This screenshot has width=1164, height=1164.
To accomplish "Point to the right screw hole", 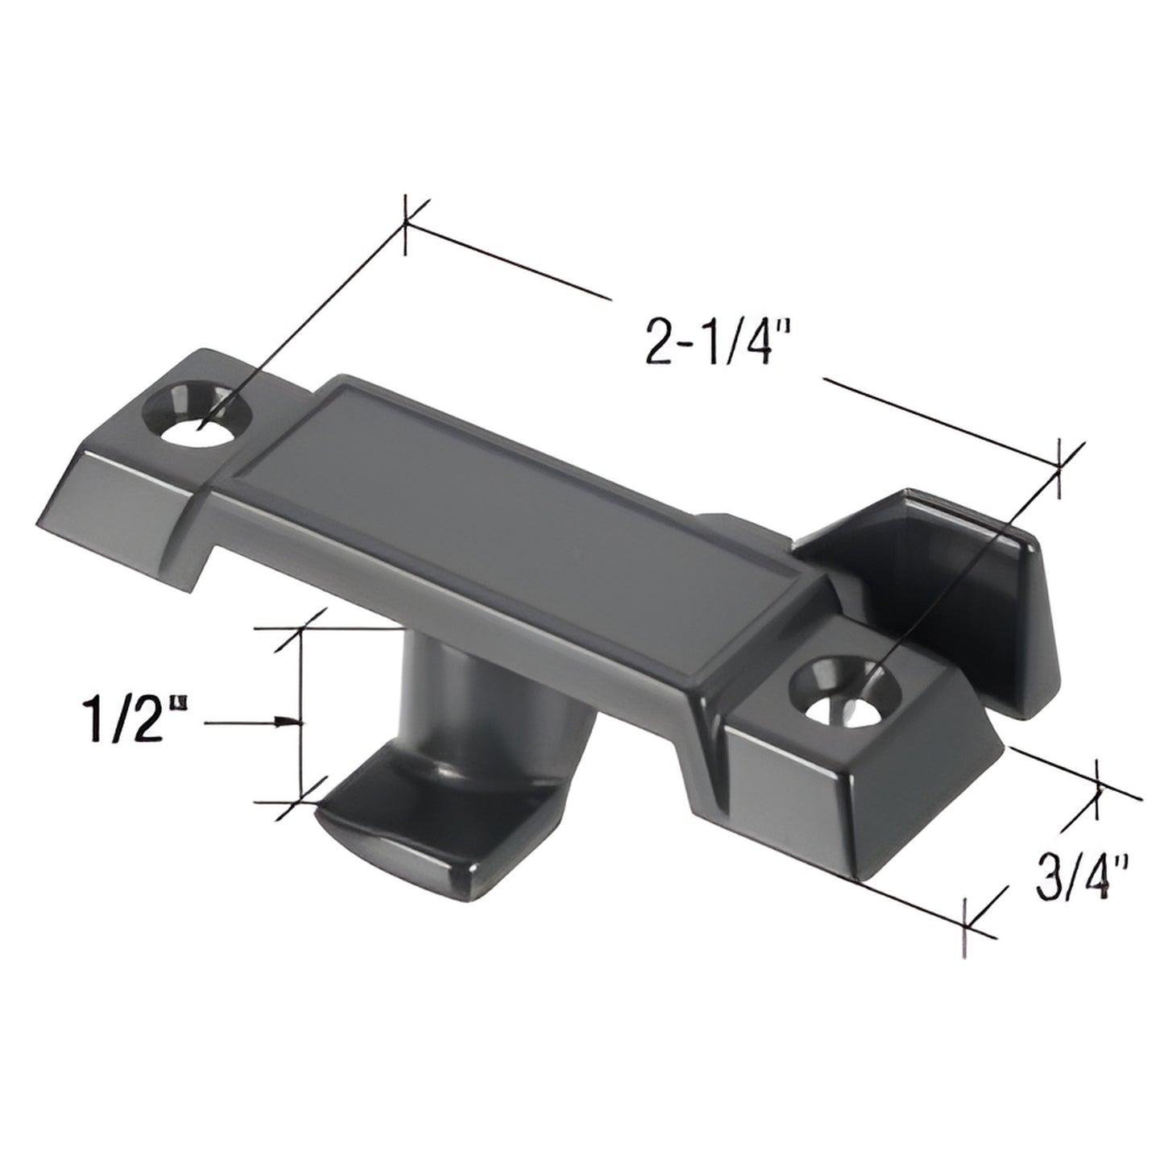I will (845, 688).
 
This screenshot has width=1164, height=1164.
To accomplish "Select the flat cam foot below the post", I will (403, 838).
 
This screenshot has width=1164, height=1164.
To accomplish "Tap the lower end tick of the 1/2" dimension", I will (301, 801).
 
